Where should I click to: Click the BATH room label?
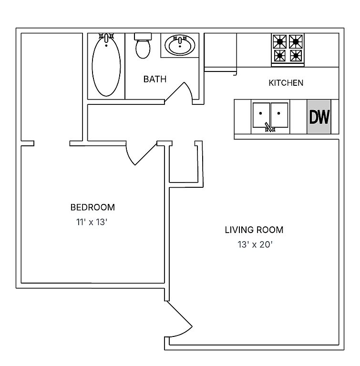pyautogui.click(x=155, y=79)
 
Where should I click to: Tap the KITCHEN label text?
pyautogui.click(x=286, y=83)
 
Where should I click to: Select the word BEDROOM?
pyautogui.click(x=93, y=207)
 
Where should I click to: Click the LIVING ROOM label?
pyautogui.click(x=254, y=230)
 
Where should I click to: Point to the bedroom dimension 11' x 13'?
pyautogui.click(x=92, y=222)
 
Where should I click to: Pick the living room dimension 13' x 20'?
pyautogui.click(x=256, y=244)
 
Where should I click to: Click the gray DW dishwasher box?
pyautogui.click(x=319, y=117)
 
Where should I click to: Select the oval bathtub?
pyautogui.click(x=106, y=66)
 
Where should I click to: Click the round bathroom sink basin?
pyautogui.click(x=180, y=45)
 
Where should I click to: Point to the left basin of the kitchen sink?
pyautogui.click(x=261, y=115)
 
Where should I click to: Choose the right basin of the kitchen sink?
pyautogui.click(x=279, y=115)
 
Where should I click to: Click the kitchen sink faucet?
pyautogui.click(x=270, y=127)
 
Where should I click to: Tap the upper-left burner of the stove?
pyautogui.click(x=280, y=41)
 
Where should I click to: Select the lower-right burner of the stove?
pyautogui.click(x=296, y=56)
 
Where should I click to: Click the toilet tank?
pyautogui.click(x=143, y=36)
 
